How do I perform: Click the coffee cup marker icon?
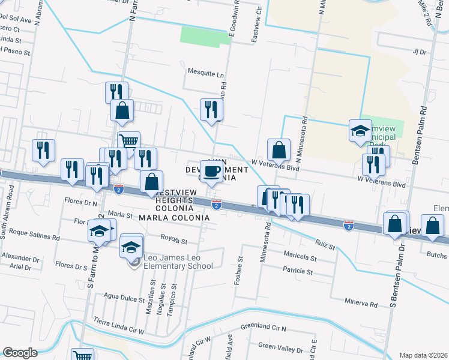coord(211,172)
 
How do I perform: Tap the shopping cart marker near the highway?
coord(128,142)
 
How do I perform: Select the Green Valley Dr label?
coord(281,346)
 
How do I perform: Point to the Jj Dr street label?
coord(418,52)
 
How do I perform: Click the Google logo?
coord(20,353)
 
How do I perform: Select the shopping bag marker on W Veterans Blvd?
coord(279,149)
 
